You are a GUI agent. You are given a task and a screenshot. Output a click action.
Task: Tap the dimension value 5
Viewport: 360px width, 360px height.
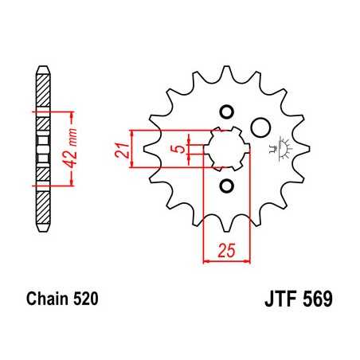click(x=182, y=148)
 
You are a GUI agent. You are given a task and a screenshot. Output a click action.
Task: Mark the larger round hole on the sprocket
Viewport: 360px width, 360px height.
click(x=260, y=127)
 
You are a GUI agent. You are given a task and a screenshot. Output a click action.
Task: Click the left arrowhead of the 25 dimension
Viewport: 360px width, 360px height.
click(x=207, y=260)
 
